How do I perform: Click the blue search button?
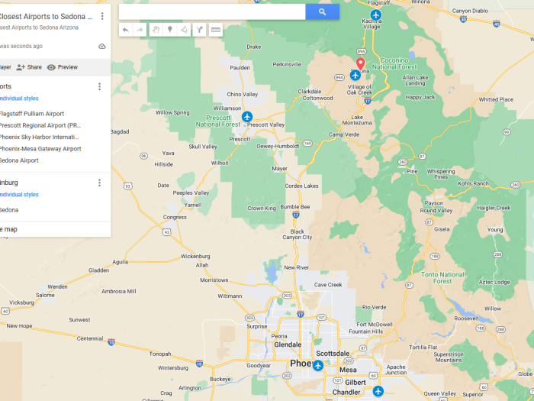point(322,11)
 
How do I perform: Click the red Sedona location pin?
point(360,63)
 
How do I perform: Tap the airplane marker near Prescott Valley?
point(247,116)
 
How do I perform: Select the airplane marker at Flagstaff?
point(375,15)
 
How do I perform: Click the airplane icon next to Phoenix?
point(318,365)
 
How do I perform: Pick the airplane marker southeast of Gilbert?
point(378,390)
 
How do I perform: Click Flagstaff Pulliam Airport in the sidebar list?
point(32,114)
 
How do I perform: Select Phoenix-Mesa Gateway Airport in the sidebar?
point(40,149)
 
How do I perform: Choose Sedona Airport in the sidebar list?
point(19,160)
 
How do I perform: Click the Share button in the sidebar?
point(29,67)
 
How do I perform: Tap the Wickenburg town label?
point(195,257)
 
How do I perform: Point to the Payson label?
point(433,203)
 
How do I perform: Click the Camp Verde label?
point(343,134)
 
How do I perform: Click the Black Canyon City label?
point(297,234)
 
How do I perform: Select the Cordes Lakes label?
point(301,186)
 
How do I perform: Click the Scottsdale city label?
point(332,354)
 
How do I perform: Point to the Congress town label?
point(175,217)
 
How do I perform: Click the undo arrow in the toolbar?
point(125,30)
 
